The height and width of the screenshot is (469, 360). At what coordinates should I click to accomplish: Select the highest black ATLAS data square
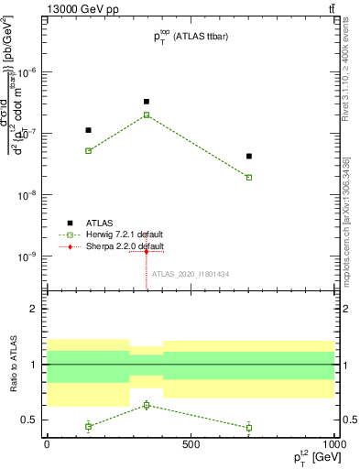coord(147,102)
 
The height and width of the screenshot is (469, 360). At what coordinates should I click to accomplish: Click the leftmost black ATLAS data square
coord(88,130)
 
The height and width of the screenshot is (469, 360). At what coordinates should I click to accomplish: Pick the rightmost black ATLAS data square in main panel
coord(249,157)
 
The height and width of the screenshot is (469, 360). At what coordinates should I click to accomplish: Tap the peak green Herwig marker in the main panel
coord(147,115)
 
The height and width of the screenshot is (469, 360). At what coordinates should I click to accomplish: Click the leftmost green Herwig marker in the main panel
coord(88,150)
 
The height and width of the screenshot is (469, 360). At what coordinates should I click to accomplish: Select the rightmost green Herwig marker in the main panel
coord(249,178)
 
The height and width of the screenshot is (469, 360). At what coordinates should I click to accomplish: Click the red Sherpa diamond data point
coord(147,252)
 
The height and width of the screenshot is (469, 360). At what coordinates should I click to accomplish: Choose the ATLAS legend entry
coord(97,223)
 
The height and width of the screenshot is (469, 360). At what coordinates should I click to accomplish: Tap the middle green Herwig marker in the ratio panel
coord(147,405)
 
